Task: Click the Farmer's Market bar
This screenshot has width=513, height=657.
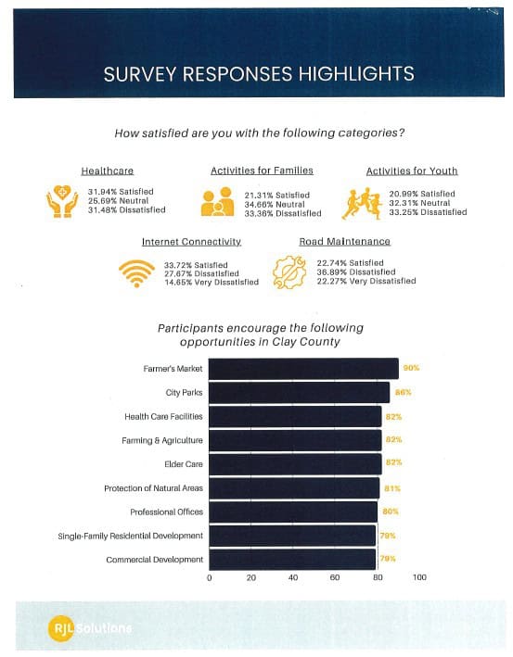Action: (303, 369)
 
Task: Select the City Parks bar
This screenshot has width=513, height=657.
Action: (299, 393)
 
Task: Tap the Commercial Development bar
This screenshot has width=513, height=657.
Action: (292, 560)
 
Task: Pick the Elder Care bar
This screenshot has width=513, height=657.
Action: (295, 464)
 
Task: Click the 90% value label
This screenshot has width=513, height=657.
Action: (411, 368)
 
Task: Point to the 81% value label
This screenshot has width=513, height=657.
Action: (392, 488)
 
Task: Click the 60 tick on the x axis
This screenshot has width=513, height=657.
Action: (334, 577)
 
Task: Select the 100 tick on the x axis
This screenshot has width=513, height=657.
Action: (419, 577)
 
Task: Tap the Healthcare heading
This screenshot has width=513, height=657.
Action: (108, 171)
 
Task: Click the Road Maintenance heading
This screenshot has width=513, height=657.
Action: (344, 241)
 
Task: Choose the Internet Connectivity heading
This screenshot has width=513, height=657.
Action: (191, 242)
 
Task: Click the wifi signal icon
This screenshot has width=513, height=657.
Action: (136, 273)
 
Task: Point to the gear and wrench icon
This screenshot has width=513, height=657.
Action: (289, 272)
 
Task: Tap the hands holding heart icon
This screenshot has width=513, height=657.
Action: (62, 201)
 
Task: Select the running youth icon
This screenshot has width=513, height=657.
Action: (362, 204)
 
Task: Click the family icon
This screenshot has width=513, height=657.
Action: (217, 201)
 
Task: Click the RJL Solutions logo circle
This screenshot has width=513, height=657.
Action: (61, 628)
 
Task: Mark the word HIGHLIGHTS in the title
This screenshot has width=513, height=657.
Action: (356, 74)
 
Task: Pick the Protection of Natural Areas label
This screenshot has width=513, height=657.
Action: (153, 488)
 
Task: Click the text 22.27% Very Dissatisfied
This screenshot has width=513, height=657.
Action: (366, 281)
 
